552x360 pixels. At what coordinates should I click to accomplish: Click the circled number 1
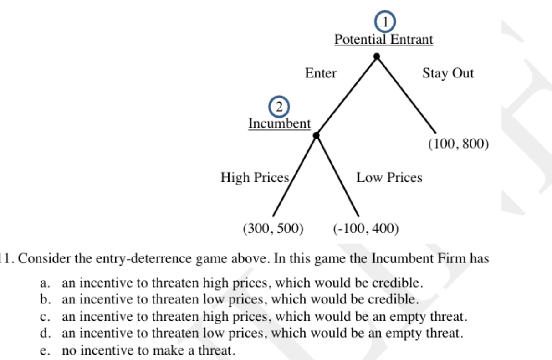point(385,21)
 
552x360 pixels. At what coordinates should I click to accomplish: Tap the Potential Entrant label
point(383,40)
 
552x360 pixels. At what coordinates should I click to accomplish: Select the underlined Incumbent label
point(280,123)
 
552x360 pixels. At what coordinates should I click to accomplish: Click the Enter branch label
point(321,73)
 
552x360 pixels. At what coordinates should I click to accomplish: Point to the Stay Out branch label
point(448,73)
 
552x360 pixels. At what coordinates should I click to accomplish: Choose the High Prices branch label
point(255,177)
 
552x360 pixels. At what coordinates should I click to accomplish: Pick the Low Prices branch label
point(389,177)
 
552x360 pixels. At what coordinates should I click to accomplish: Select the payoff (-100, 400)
point(366,229)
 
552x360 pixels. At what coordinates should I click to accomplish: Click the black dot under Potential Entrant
point(377,57)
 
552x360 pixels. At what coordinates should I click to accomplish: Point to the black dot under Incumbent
point(316,135)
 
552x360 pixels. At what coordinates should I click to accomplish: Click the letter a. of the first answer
point(45,283)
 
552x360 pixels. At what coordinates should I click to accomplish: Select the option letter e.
point(45,350)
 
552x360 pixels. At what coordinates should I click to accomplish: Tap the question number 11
point(7,259)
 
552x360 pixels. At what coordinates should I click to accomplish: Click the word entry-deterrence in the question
point(143,259)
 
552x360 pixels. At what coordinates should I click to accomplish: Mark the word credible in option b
point(394,299)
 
